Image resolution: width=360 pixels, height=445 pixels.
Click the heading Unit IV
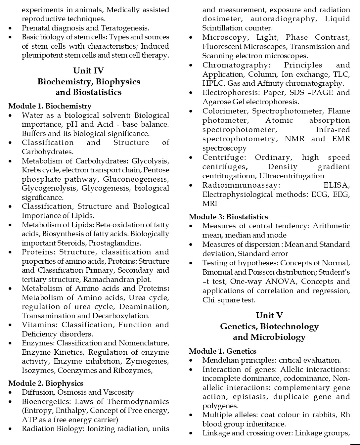(88, 71)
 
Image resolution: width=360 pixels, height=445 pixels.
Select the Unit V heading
(269, 316)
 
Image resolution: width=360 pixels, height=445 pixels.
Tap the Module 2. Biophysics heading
(46, 383)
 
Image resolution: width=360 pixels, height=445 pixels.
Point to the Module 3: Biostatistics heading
(228, 217)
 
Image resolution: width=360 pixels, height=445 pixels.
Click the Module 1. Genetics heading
(222, 351)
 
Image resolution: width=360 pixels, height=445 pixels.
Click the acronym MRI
(210, 203)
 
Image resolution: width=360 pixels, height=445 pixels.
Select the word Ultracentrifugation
(292, 176)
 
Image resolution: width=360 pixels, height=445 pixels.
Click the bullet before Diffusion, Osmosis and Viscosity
(11, 393)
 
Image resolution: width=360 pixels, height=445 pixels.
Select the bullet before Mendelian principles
(191, 361)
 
